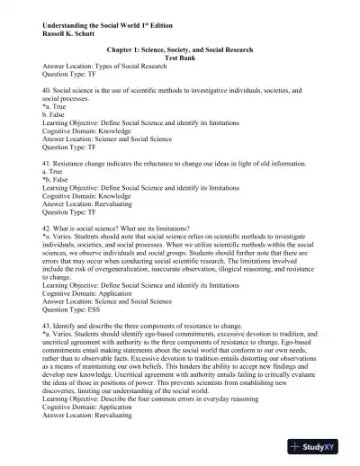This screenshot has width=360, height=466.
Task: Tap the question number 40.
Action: click(48, 93)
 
